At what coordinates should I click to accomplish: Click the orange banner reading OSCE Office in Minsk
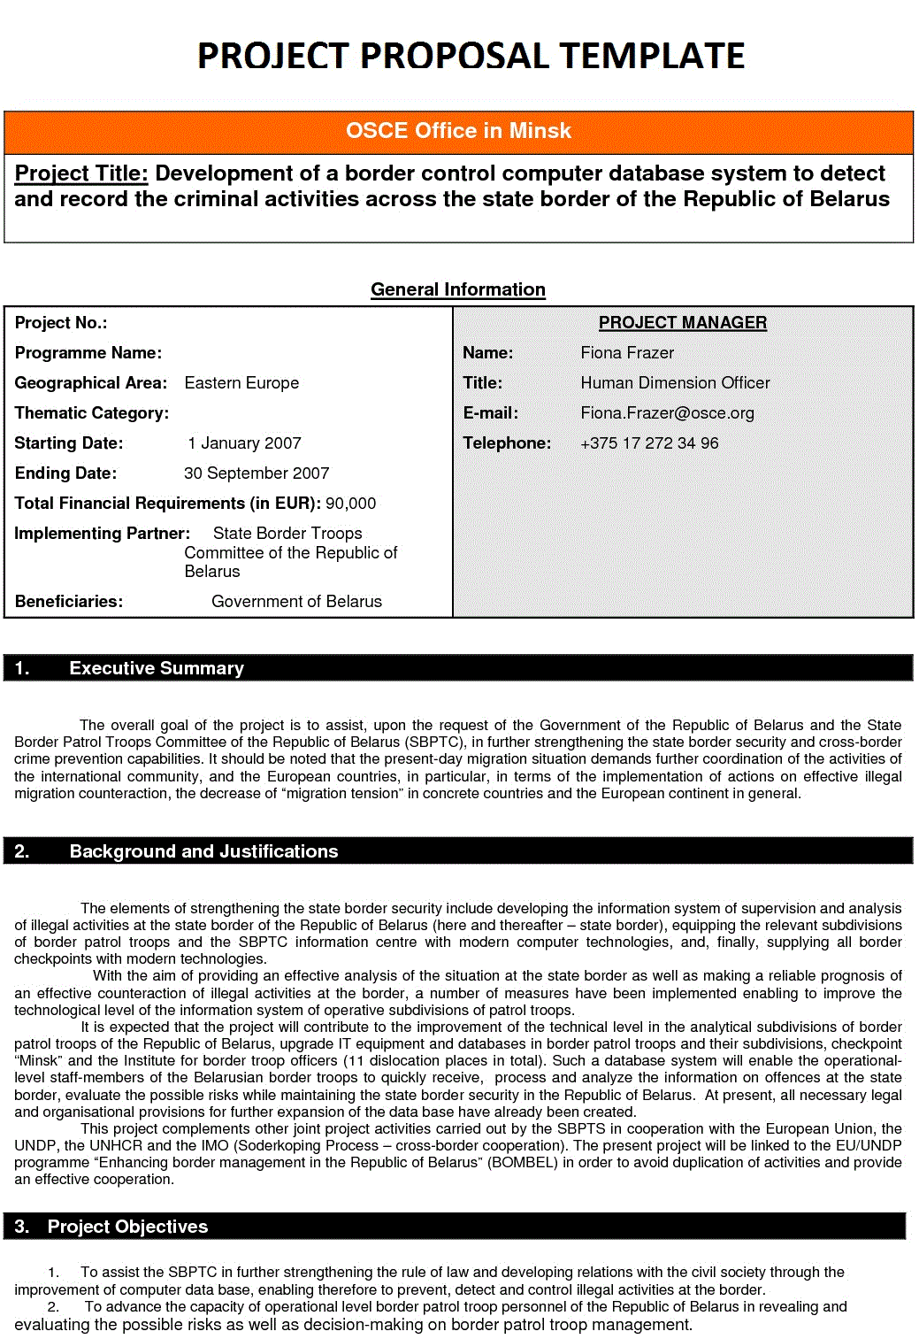[x=458, y=131]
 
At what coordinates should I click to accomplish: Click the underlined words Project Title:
[x=81, y=173]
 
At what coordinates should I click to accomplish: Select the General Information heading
[x=457, y=289]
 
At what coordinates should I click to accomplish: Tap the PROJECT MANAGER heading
[x=682, y=323]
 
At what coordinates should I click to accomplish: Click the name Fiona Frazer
[x=626, y=353]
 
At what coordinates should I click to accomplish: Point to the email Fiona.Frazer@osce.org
[x=667, y=413]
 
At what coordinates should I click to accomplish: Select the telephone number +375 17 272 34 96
[x=648, y=443]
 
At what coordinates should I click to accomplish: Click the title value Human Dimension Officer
[x=675, y=383]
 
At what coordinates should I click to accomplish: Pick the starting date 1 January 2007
[x=244, y=443]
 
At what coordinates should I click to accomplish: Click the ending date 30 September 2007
[x=257, y=473]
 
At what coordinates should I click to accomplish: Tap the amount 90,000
[x=350, y=504]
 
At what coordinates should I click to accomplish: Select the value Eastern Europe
[x=241, y=383]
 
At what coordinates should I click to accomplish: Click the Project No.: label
[x=61, y=323]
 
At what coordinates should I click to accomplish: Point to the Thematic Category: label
[x=91, y=413]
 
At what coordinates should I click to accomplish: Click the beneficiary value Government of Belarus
[x=296, y=602]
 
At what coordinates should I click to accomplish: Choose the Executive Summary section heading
[x=156, y=668]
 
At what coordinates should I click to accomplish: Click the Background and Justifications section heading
[x=203, y=851]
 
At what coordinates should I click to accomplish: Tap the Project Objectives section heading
[x=127, y=1227]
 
